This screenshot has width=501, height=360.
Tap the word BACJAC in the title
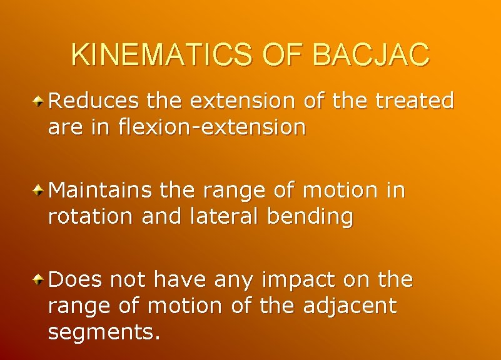[371, 55]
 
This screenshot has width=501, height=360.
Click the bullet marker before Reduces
[39, 100]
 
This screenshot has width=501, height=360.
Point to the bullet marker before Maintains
[39, 189]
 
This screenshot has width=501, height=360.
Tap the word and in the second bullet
[159, 217]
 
